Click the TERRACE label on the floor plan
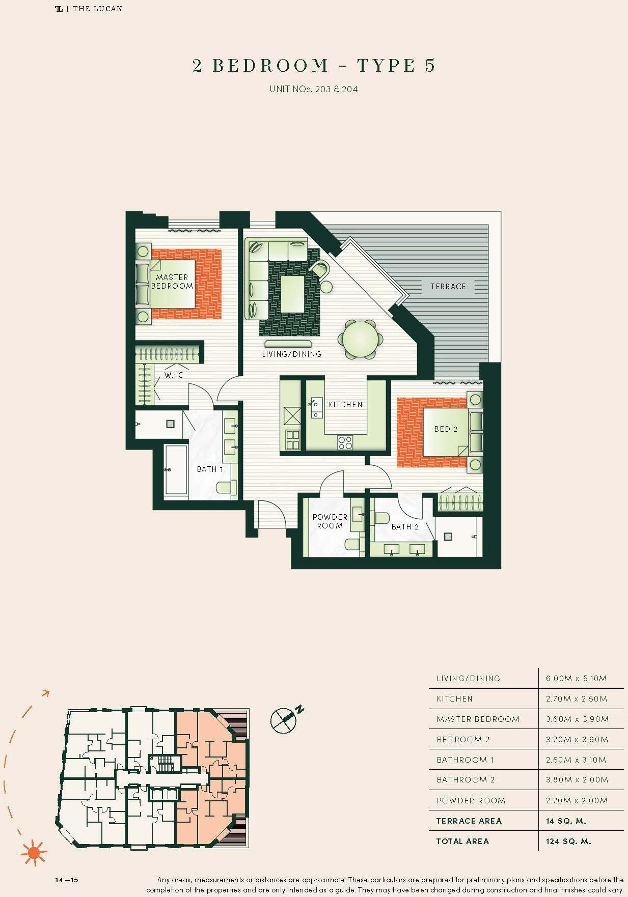tap(448, 287)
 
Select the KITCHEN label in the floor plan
tap(345, 405)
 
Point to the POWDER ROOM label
tap(330, 521)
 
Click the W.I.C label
tap(174, 375)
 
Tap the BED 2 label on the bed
tap(446, 429)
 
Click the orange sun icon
tap(34, 852)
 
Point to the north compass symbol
tap(284, 718)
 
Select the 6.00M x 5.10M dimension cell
tap(576, 679)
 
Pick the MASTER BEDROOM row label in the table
tap(478, 719)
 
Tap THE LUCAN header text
tap(97, 9)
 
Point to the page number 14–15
tap(67, 880)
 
